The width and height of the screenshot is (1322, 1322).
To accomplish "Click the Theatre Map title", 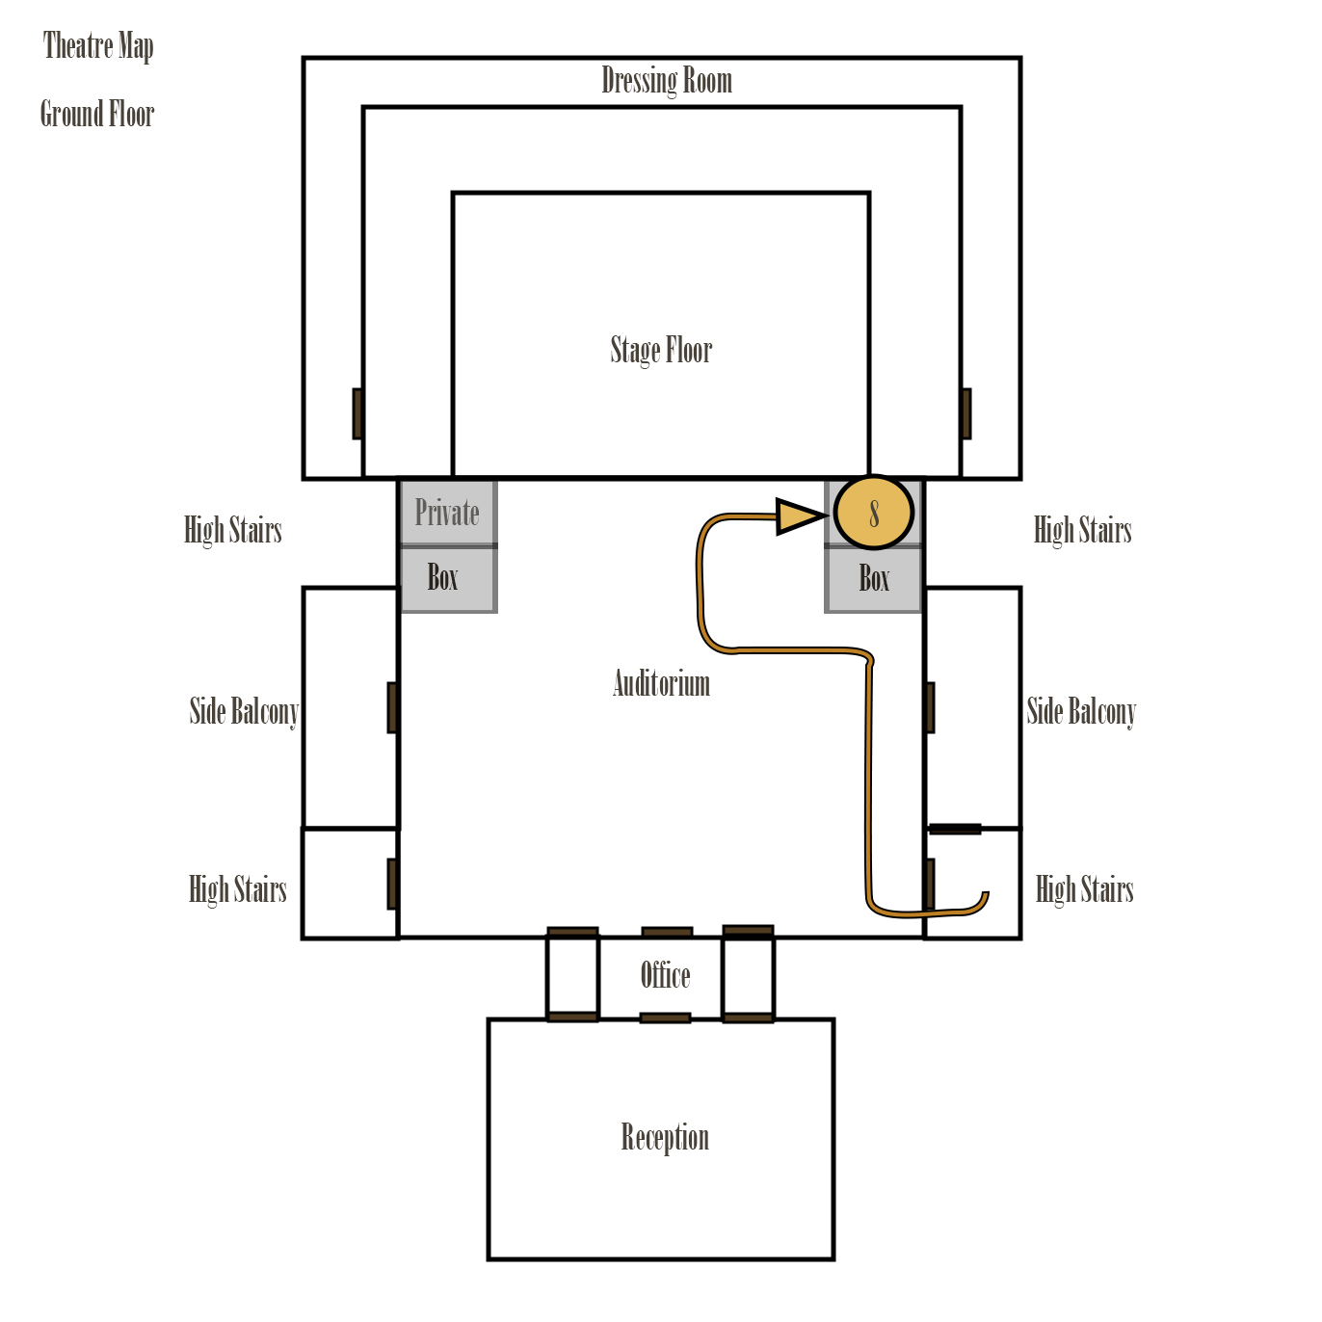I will click(x=98, y=45).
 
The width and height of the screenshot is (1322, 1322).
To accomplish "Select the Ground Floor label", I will click(x=97, y=114).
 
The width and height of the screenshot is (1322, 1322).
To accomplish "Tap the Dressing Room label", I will click(x=666, y=81).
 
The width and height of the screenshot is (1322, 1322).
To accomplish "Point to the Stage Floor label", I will click(x=661, y=350).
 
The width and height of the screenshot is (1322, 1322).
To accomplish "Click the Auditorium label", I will click(x=661, y=683).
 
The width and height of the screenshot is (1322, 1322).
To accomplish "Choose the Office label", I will click(x=665, y=975).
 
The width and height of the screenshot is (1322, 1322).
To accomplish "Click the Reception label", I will click(x=665, y=1137).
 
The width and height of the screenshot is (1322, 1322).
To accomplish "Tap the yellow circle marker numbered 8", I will click(x=873, y=513).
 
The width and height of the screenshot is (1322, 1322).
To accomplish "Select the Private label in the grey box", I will click(x=447, y=513).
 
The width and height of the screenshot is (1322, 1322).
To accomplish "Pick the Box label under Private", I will click(x=442, y=578).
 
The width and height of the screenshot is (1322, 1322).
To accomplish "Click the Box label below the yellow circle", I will click(x=874, y=579).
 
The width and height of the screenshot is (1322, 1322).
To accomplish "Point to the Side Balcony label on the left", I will click(x=244, y=711).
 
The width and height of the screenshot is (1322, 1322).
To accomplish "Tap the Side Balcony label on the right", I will click(x=1081, y=711).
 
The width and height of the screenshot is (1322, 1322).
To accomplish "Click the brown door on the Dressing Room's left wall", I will click(x=357, y=413).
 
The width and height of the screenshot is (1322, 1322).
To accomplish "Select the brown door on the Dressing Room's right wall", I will click(x=965, y=413).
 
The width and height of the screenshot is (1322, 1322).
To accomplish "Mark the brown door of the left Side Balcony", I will click(x=392, y=707).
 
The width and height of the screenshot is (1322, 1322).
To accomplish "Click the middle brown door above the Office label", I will click(x=667, y=932).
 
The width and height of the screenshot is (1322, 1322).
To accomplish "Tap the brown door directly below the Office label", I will click(x=665, y=1018).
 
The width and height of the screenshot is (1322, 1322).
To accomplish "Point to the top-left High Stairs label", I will click(x=233, y=530).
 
